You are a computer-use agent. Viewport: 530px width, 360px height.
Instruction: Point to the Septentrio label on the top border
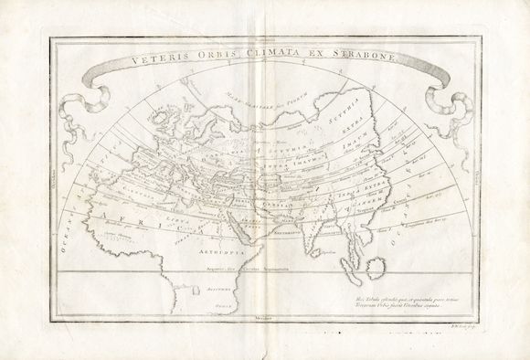point(264,37)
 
